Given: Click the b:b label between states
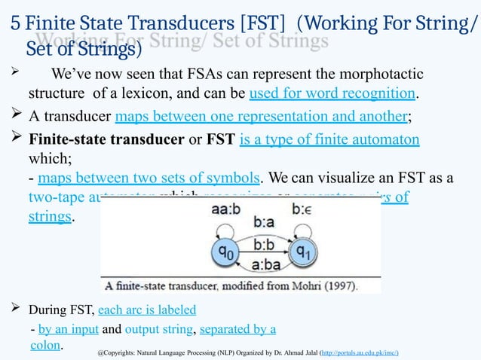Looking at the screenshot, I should [x=264, y=246].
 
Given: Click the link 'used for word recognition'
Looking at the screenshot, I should [x=332, y=94].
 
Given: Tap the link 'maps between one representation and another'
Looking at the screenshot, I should [x=261, y=116].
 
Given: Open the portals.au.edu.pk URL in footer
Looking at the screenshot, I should [x=359, y=352].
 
